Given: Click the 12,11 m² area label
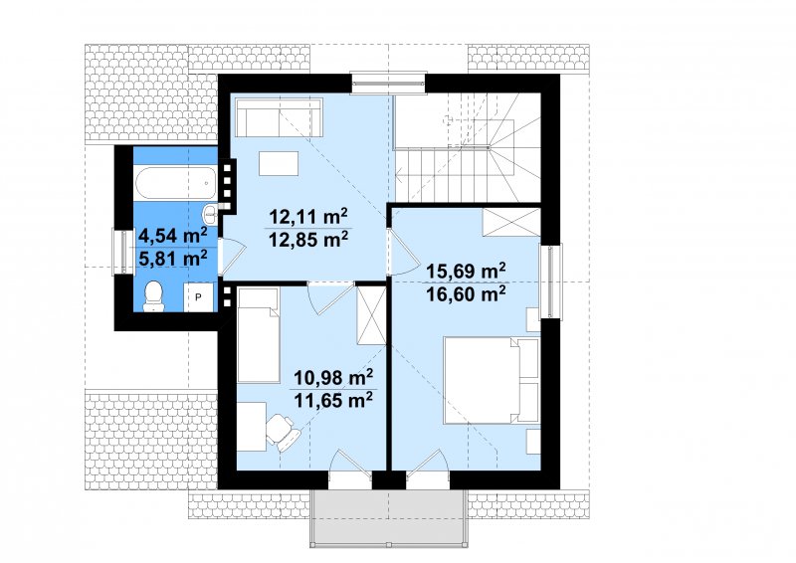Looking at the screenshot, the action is click(x=308, y=217).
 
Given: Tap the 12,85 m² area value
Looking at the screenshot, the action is click(x=308, y=239).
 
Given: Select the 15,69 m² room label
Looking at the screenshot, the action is click(x=466, y=272).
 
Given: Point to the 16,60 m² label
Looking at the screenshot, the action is click(x=466, y=293).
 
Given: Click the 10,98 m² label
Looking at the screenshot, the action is click(x=333, y=377).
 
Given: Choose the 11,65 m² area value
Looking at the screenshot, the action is click(x=333, y=400).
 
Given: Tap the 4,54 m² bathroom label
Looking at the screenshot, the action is click(x=172, y=236).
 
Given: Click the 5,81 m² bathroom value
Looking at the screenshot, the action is click(x=172, y=258).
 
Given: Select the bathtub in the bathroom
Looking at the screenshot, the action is click(x=176, y=183).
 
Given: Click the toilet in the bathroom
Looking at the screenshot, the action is click(x=153, y=296).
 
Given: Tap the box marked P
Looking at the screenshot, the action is click(x=198, y=297).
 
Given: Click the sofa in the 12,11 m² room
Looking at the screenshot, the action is click(x=279, y=117).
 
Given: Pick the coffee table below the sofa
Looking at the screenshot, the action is click(x=279, y=163).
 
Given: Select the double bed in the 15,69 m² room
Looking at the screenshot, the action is click(x=491, y=380).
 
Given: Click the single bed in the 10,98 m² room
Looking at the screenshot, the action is click(x=259, y=335).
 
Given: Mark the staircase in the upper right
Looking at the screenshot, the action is click(x=467, y=147).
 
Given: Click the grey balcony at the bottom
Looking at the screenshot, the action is click(x=388, y=518).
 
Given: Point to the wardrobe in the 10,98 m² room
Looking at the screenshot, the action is click(x=371, y=315).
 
